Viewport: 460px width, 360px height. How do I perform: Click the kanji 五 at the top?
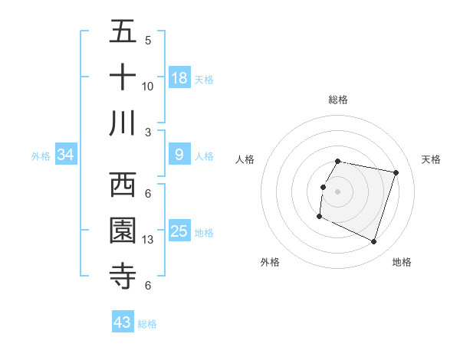point(123,32)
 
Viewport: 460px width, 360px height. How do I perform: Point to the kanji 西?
point(123,185)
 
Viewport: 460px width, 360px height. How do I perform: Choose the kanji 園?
point(123,230)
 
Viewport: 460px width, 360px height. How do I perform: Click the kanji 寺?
point(123,275)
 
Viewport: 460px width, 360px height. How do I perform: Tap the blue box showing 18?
point(179,77)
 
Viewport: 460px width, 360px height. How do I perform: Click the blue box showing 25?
point(179,231)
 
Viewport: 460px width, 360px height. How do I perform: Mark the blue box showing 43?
point(123,322)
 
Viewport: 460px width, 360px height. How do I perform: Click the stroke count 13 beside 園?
point(148,240)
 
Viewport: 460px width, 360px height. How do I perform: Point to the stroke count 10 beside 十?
point(148,86)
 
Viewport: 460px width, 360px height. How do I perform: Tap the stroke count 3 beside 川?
point(148,132)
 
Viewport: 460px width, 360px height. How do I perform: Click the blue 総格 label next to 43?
point(147,324)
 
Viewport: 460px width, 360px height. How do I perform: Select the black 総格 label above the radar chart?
point(338,100)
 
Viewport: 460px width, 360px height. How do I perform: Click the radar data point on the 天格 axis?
point(396,172)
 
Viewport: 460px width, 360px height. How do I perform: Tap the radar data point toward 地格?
point(374,242)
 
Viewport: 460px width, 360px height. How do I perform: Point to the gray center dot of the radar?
point(338,191)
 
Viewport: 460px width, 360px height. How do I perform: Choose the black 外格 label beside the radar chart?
point(270,262)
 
